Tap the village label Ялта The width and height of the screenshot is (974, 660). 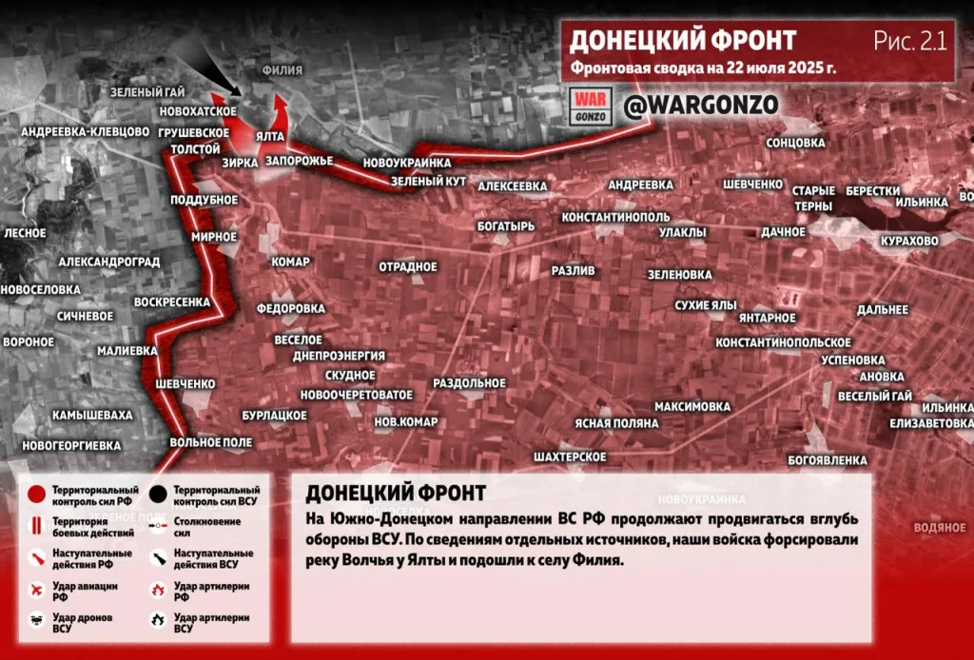tap(270, 137)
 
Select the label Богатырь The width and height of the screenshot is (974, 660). tap(507, 226)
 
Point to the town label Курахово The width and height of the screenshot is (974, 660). tap(909, 241)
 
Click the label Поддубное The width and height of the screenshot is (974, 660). tap(205, 200)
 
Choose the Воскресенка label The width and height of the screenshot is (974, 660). tap(172, 302)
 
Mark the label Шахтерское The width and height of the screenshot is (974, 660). tap(571, 457)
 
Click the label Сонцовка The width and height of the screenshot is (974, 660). tap(795, 143)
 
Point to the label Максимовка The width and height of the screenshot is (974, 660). tap(692, 406)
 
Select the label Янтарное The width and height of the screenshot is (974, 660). tap(767, 318)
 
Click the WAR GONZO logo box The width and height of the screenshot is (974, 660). tap(590, 106)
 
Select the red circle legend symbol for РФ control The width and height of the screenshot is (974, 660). tap(35, 495)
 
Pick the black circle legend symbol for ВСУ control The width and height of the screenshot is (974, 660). tap(158, 495)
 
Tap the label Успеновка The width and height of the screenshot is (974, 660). tap(853, 360)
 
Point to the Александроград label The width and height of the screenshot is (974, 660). tap(108, 262)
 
